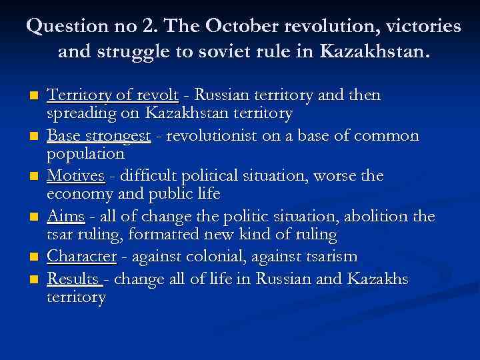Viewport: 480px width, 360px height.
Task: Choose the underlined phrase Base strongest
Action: (99, 136)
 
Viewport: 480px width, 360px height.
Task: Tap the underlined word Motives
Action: (75, 176)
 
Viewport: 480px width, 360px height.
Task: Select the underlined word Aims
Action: (66, 216)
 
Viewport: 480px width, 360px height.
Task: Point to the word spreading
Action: (81, 114)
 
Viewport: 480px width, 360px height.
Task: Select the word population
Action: (85, 154)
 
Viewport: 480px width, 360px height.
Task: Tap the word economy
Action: (79, 194)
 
